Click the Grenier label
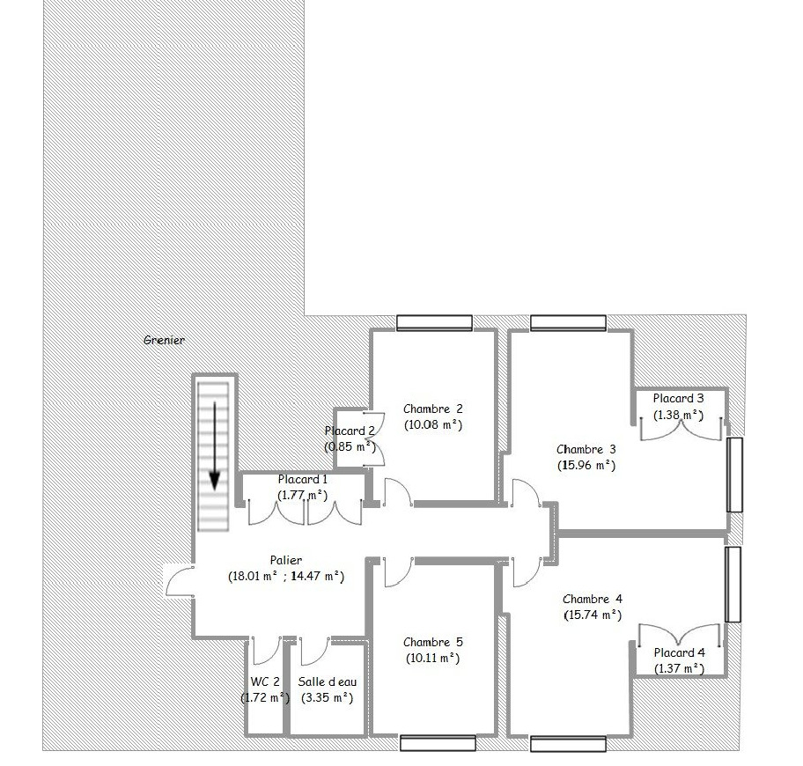(x=164, y=340)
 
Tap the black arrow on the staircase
(x=215, y=446)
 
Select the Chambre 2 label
(x=432, y=409)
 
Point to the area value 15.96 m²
(x=586, y=466)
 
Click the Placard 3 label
(x=678, y=398)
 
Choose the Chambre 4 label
(x=593, y=599)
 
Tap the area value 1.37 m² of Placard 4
(x=679, y=669)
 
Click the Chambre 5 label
(x=432, y=642)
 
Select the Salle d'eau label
(x=328, y=682)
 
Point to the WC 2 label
(x=265, y=682)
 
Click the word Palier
(x=286, y=560)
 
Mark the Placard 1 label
(x=302, y=479)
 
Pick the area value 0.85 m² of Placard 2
(x=350, y=446)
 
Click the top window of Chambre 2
(x=434, y=322)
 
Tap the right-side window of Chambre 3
(x=735, y=475)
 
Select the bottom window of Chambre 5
(x=438, y=743)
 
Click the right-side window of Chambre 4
(x=733, y=585)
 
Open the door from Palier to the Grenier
(x=179, y=581)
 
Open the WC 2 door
(x=266, y=651)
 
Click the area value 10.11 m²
(x=432, y=658)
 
